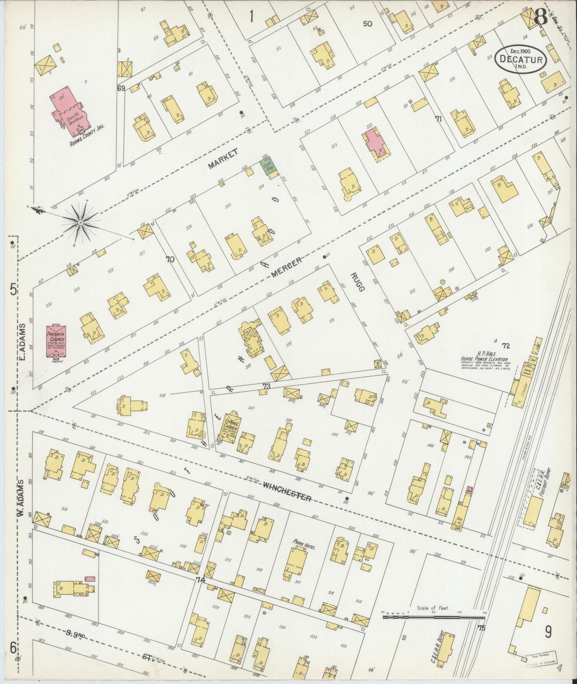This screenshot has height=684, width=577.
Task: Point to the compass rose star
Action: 81,221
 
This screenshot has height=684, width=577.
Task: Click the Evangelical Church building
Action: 230,430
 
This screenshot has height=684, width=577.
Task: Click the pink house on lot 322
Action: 375,141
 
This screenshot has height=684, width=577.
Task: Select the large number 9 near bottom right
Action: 548,631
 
